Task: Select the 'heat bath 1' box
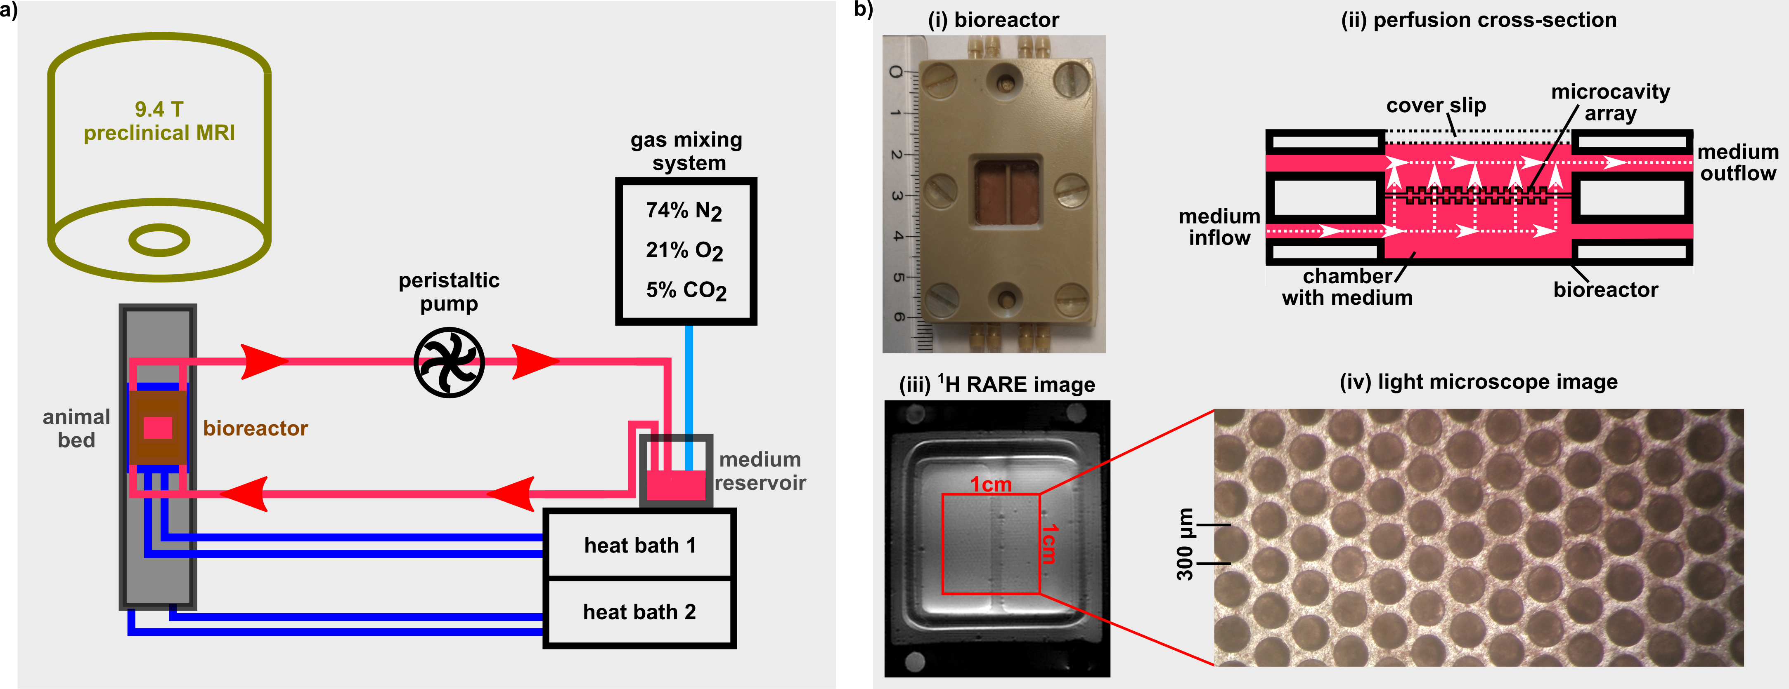(x=639, y=546)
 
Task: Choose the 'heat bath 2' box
(x=639, y=612)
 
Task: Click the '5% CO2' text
(x=686, y=290)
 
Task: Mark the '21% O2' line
(x=684, y=250)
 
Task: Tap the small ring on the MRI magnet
(x=160, y=241)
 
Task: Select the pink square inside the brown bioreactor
(x=158, y=428)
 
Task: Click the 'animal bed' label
(x=76, y=428)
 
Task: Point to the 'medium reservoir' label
(x=760, y=471)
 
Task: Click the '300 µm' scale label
(x=1185, y=545)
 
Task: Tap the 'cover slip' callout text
(x=1436, y=106)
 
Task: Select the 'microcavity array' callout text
(x=1610, y=103)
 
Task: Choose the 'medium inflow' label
(x=1219, y=227)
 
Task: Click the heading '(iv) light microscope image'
(x=1478, y=382)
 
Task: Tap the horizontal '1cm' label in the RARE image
(x=990, y=484)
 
